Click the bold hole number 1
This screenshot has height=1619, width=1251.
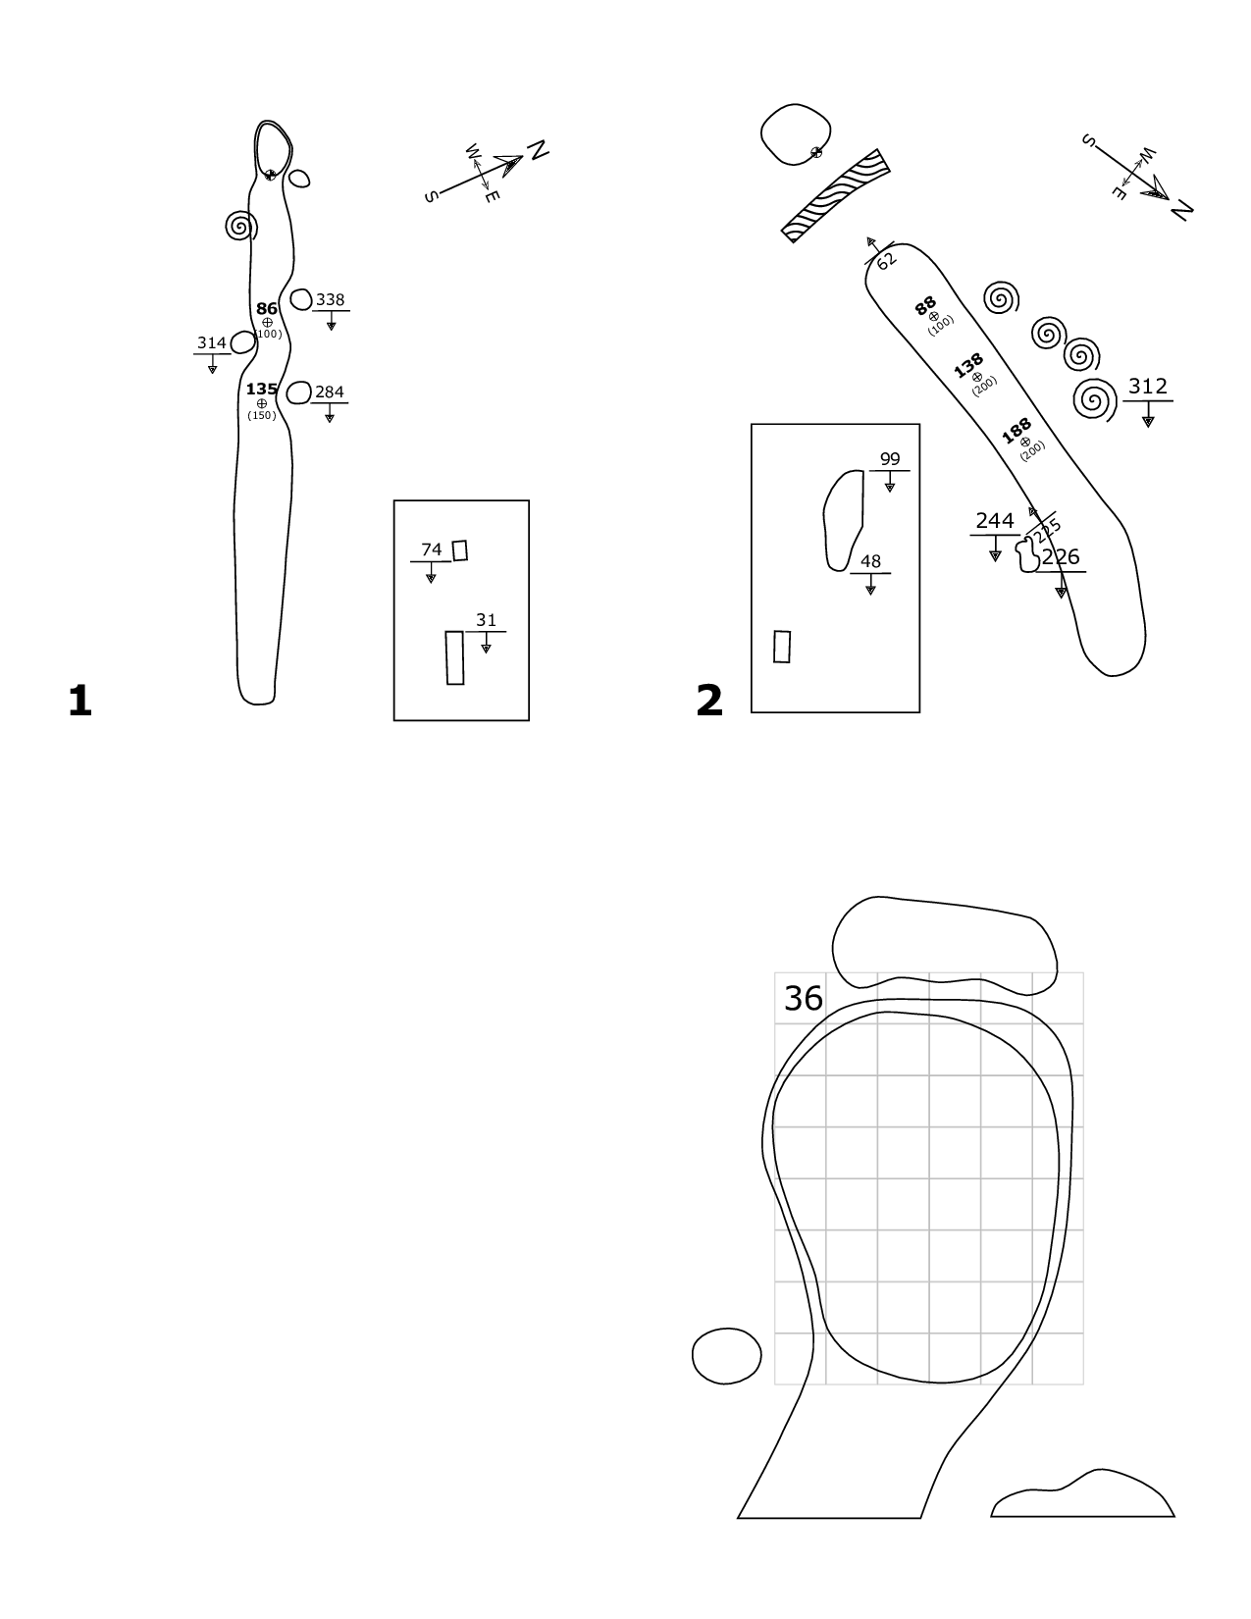click(x=79, y=702)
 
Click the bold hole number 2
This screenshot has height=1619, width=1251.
click(x=709, y=702)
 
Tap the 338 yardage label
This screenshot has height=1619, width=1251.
click(x=330, y=299)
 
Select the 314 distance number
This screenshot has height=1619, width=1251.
click(x=212, y=342)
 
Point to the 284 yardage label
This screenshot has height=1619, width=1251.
click(x=330, y=392)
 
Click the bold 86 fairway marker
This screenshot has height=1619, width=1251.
click(x=267, y=308)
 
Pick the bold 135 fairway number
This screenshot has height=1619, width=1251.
click(x=262, y=389)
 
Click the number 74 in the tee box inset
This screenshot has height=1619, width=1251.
click(x=432, y=549)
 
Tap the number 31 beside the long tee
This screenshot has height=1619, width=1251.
click(x=486, y=620)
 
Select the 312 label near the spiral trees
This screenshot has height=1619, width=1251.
click(x=1147, y=387)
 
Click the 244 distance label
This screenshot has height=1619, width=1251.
click(x=995, y=521)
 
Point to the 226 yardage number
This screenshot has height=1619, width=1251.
click(x=1061, y=556)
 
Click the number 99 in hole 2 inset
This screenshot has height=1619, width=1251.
click(x=890, y=459)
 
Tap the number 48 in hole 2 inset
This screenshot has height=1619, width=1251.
click(x=870, y=561)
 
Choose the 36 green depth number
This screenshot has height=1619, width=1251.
click(x=804, y=998)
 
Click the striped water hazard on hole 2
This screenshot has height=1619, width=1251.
click(x=835, y=196)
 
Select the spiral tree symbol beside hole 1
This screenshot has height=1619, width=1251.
click(x=241, y=226)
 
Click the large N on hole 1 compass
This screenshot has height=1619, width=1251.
click(x=538, y=150)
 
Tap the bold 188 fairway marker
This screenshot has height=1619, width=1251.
click(x=1016, y=431)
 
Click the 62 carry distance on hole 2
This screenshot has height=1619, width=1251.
click(x=886, y=261)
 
